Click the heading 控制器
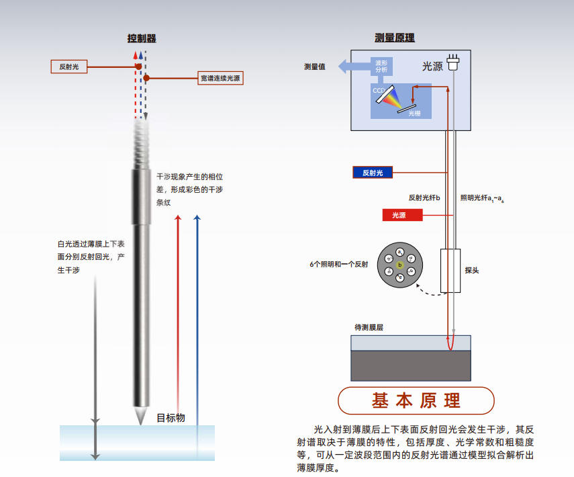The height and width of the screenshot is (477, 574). (142, 38)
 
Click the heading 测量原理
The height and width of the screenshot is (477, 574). (395, 38)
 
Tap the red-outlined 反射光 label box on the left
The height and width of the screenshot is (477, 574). (70, 67)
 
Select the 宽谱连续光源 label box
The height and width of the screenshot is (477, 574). (220, 78)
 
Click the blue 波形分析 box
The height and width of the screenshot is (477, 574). (381, 66)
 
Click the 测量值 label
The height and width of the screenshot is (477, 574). (315, 67)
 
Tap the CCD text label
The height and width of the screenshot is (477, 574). (379, 90)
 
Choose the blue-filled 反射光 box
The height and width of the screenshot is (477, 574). (373, 173)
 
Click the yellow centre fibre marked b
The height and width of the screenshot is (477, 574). (399, 265)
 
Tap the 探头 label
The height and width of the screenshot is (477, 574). (473, 270)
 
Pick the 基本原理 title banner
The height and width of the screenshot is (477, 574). (416, 401)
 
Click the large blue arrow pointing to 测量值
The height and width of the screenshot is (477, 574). (350, 67)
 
